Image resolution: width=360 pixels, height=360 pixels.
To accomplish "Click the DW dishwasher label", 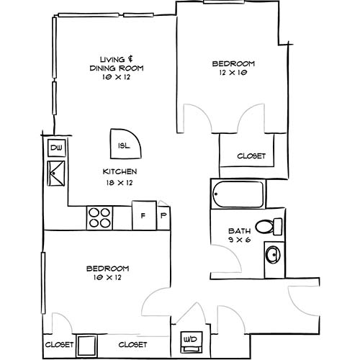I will pos(55,149).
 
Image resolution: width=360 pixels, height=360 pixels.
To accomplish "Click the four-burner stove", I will pos(100,217).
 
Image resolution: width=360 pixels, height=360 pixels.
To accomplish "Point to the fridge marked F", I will pos(143,215).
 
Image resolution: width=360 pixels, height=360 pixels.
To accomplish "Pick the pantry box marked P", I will pos(163,215).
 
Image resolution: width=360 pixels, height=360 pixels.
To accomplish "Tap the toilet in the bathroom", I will pos(270,226).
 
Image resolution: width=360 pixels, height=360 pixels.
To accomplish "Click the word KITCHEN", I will pos(120,171).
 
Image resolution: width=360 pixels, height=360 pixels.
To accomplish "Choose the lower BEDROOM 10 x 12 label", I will pos(107,272).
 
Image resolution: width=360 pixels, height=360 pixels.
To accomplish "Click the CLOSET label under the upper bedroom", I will pos(251,156).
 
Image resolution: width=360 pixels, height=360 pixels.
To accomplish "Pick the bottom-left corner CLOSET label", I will pos(59,345).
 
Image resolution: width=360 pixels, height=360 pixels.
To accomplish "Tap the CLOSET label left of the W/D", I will pos(133,345).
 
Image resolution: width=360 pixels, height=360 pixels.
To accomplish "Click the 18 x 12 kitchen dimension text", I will pos(120,183).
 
